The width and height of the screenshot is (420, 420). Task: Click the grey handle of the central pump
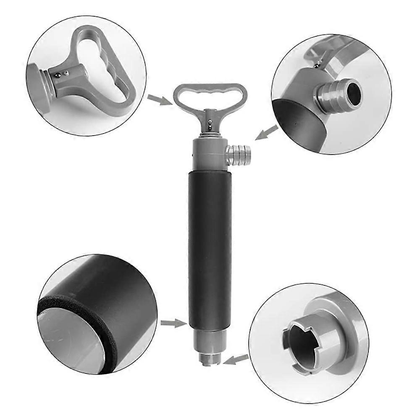pyautogui.click(x=210, y=90)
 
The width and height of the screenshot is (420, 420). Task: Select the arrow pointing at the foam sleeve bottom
pyautogui.click(x=173, y=323)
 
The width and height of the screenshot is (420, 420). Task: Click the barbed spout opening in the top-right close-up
pyautogui.click(x=352, y=89)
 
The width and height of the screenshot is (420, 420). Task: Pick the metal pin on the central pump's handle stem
pyautogui.click(x=210, y=123)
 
